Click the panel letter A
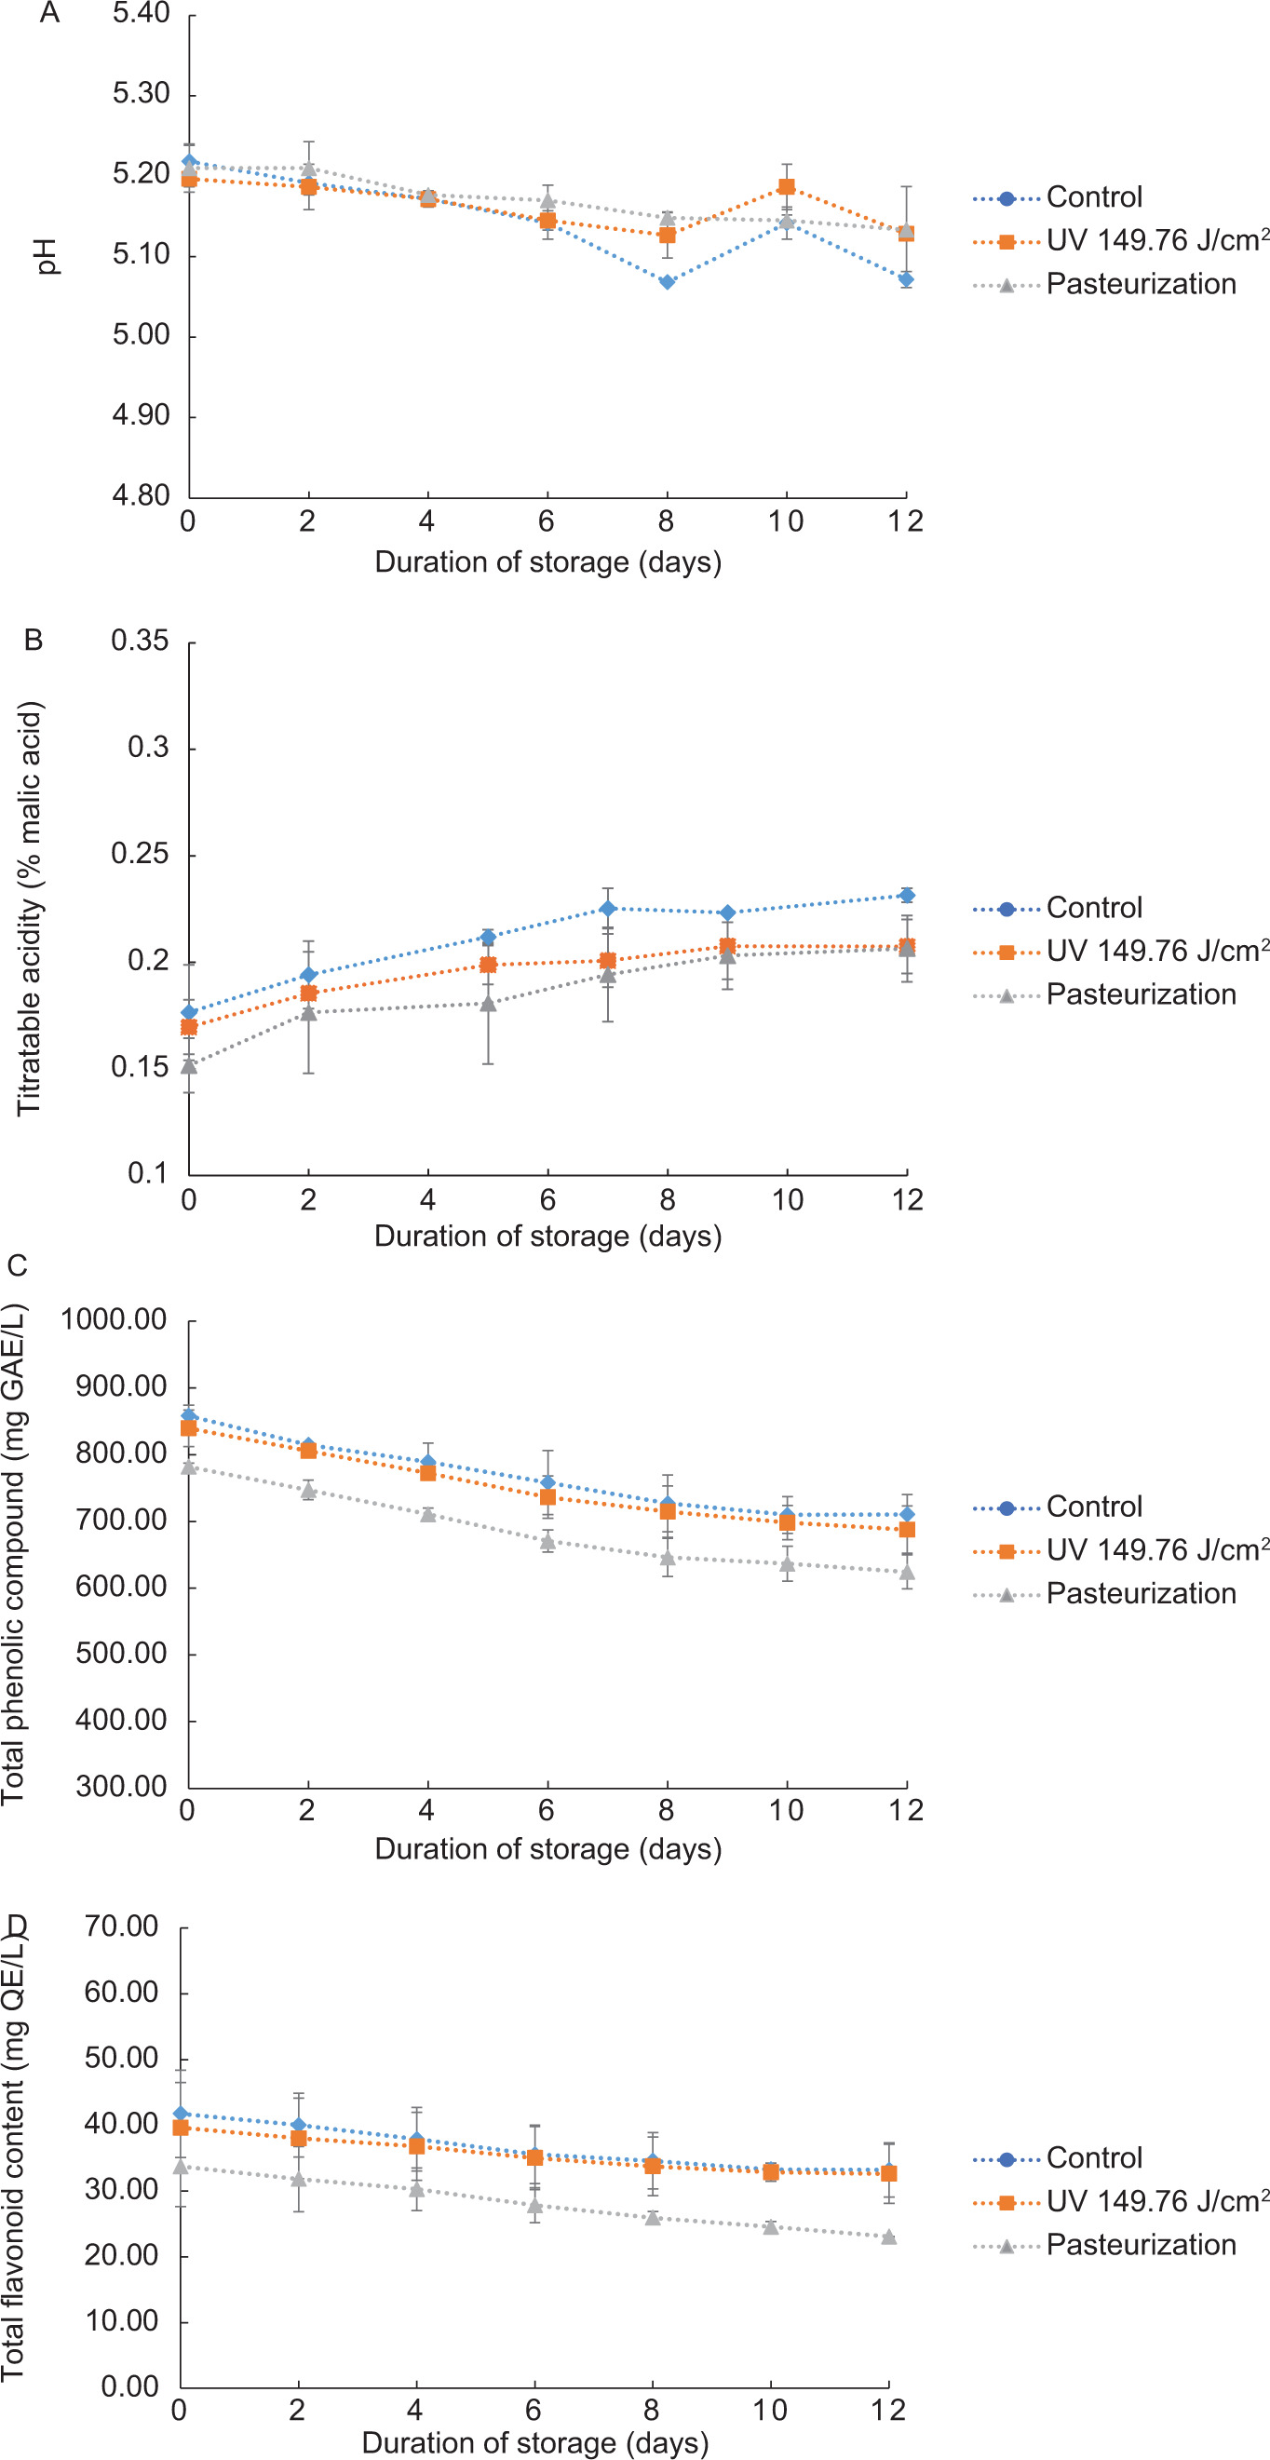(49, 13)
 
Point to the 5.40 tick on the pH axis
(141, 13)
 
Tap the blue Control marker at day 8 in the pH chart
(667, 282)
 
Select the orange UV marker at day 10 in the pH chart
(786, 186)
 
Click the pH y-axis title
(46, 256)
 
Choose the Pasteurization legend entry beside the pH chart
(1141, 285)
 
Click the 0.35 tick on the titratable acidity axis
(140, 641)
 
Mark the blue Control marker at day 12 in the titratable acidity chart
(906, 895)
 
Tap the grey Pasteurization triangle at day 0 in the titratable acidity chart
(189, 1066)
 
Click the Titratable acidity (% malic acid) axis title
(30, 907)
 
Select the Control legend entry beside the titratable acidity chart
(1093, 907)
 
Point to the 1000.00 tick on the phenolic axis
(114, 1319)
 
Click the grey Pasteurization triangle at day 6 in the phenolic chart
(547, 1541)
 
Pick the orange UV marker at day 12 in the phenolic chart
(906, 1529)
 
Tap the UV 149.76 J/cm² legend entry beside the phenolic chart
(1156, 1550)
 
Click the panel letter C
(17, 1265)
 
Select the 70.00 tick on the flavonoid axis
(121, 1926)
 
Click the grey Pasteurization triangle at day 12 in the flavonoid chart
(889, 2237)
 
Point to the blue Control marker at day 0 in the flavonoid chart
(181, 2114)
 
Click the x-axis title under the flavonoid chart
(534, 2443)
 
